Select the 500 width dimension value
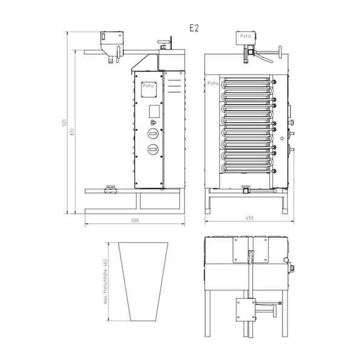click(134, 221)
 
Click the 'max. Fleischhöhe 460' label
click(105, 281)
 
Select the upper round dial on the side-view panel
click(153, 134)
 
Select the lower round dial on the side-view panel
click(153, 149)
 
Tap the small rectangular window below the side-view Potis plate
click(153, 111)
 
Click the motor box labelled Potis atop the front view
click(246, 38)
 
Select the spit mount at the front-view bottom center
click(245, 189)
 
